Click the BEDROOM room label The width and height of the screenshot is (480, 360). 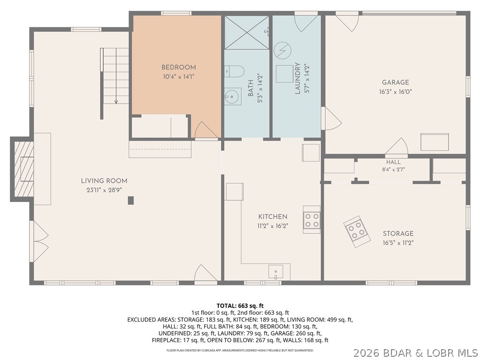point(179,67)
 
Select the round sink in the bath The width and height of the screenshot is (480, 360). point(232,97)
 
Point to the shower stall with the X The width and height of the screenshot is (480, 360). point(247,32)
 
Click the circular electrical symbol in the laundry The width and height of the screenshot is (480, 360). point(282,51)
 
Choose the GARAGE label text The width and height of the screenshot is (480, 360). point(396,82)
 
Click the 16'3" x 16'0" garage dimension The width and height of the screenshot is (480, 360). point(396,91)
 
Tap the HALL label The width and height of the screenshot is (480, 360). point(393,162)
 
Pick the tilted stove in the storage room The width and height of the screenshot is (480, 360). point(357,232)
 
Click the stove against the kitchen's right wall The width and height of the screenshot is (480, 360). point(312,219)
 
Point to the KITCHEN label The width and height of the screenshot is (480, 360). point(273,217)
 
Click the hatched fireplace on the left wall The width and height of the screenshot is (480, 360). point(22,169)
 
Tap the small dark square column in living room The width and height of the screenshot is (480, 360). point(131,200)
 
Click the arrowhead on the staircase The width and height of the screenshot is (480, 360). point(116,102)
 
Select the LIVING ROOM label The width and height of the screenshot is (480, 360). point(104,181)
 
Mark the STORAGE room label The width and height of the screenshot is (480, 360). point(398,233)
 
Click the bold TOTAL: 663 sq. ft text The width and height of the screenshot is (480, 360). point(240,306)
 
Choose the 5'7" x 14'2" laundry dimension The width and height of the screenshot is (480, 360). point(307,78)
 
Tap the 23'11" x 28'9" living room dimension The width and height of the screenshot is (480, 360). point(104,190)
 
